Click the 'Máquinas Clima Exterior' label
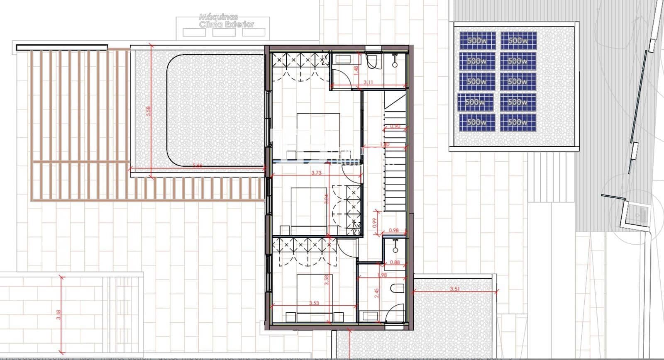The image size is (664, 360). tap(226, 21)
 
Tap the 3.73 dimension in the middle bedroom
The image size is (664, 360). tap(315, 173)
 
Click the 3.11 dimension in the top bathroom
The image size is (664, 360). tap(368, 83)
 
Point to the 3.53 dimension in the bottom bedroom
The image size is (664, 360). tap(314, 303)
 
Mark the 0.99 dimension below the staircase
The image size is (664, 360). tap(375, 224)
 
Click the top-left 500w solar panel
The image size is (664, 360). tap(477, 41)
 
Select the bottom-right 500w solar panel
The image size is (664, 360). tap(518, 122)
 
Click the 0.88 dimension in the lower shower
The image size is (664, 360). tap(395, 262)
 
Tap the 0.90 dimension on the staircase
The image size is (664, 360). tap(395, 126)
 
